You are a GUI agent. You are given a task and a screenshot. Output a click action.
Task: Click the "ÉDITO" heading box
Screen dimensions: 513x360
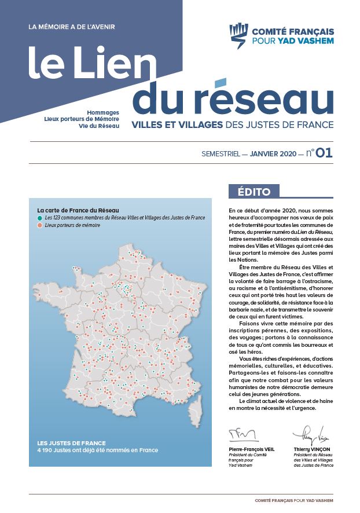pos(254,192)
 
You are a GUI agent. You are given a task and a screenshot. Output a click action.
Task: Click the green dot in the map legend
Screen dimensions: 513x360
pos(39,218)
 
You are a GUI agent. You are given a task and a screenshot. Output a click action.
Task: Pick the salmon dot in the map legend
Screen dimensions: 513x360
pos(39,225)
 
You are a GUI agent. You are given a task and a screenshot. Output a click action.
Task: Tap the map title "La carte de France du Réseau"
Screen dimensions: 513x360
pos(78,210)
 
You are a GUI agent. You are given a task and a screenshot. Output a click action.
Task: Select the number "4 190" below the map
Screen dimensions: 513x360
pos(47,450)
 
